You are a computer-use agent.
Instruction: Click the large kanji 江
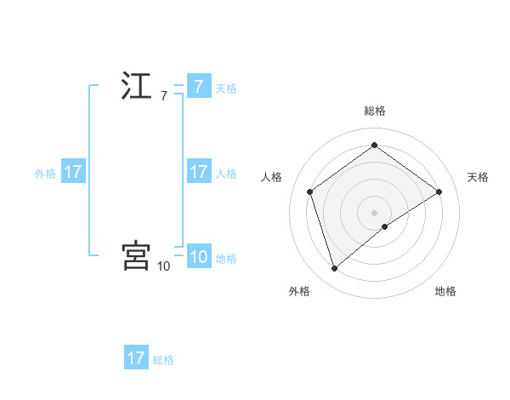coord(136,87)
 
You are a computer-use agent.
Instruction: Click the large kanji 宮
coord(136,255)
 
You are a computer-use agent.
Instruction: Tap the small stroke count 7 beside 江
coord(164,96)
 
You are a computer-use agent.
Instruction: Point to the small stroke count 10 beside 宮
coord(163,266)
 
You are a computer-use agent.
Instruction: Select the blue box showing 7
coord(198,87)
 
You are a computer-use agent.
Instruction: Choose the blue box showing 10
coord(198,257)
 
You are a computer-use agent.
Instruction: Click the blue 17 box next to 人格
coord(198,172)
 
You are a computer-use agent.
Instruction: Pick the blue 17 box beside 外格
coord(73,172)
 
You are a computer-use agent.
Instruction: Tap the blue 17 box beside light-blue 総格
coord(136,358)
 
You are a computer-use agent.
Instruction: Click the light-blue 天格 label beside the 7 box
coord(226,88)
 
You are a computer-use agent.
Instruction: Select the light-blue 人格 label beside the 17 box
coord(226,173)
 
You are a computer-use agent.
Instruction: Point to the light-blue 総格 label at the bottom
coord(163,359)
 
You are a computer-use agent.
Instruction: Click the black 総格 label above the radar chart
coord(374,111)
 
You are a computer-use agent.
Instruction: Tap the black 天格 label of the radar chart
coord(478,177)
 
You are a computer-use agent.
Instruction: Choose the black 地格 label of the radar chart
coord(445,291)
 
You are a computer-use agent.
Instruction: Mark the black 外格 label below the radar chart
coord(299,291)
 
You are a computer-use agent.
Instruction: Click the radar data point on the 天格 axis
coord(439,191)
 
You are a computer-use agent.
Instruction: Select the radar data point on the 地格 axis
coord(385,226)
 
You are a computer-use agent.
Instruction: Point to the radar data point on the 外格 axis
coord(334,269)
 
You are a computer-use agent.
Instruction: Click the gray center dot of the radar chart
coord(374,212)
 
